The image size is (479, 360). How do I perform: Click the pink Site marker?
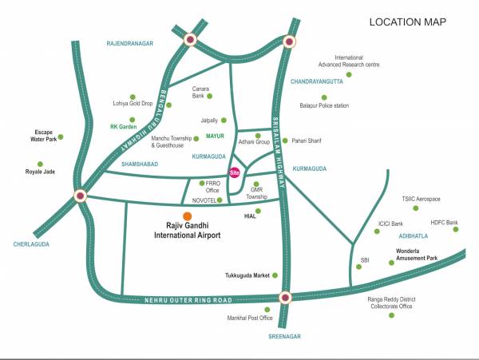coord(235,172)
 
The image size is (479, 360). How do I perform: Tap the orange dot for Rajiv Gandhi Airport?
coord(187,216)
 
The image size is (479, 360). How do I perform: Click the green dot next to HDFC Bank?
coord(457,230)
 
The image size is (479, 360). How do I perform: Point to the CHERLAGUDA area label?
coord(31,244)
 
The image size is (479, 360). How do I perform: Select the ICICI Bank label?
coord(391,224)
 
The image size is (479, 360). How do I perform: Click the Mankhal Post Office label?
coord(251,318)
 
